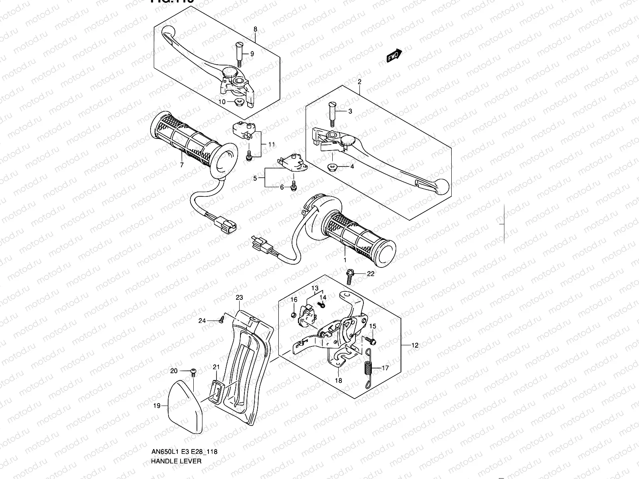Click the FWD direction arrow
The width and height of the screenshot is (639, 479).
pyautogui.click(x=394, y=56)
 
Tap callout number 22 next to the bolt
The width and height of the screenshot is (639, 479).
pyautogui.click(x=371, y=273)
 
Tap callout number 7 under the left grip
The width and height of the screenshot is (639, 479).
pyautogui.click(x=182, y=165)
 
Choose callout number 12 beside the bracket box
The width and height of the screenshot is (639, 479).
pyautogui.click(x=415, y=345)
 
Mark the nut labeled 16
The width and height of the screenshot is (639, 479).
pyautogui.click(x=293, y=316)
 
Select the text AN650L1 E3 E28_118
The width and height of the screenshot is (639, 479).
pyautogui.click(x=184, y=452)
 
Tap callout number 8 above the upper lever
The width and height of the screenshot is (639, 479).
pyautogui.click(x=255, y=29)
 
